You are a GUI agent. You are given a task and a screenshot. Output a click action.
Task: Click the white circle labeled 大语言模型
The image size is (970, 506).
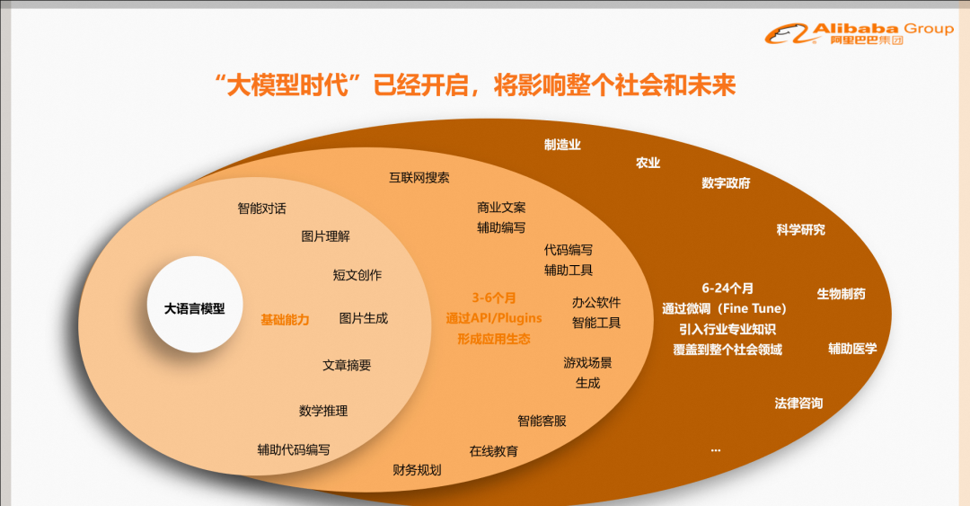pyautogui.click(x=194, y=305)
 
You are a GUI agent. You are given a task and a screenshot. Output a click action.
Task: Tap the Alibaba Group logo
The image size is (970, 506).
pyautogui.click(x=860, y=33)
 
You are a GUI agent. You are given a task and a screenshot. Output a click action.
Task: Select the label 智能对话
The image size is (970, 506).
pyautogui.click(x=261, y=209)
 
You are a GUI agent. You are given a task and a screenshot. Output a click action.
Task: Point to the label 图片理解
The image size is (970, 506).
pyautogui.click(x=325, y=236)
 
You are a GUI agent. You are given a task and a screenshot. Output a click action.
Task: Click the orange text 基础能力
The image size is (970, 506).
pyautogui.click(x=285, y=320)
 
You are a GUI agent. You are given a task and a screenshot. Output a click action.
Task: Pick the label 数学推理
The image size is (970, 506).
pyautogui.click(x=323, y=412)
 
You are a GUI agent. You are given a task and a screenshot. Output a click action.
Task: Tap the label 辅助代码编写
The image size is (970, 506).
pyautogui.click(x=293, y=449)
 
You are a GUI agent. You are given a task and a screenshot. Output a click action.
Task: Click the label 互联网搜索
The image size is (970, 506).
pyautogui.click(x=419, y=178)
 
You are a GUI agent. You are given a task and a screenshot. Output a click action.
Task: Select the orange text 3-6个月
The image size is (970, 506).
pyautogui.click(x=494, y=297)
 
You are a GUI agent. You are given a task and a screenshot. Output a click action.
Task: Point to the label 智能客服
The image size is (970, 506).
pyautogui.click(x=542, y=422)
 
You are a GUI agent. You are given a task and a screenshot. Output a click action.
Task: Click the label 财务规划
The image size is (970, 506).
pyautogui.click(x=417, y=470)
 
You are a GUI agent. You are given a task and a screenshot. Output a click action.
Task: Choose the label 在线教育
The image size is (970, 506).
pyautogui.click(x=494, y=451)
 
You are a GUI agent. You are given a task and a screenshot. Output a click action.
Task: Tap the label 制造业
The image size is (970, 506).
pyautogui.click(x=562, y=145)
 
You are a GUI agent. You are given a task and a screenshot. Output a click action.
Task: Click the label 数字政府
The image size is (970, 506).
pyautogui.click(x=726, y=183)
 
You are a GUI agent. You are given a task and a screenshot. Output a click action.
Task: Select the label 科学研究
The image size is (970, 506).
pyautogui.click(x=800, y=230)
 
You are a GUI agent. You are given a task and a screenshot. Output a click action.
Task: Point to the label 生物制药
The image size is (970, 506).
pyautogui.click(x=841, y=294)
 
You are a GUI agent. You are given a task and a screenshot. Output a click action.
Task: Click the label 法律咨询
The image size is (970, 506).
pyautogui.click(x=798, y=404)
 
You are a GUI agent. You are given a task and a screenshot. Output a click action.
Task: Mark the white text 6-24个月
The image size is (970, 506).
pyautogui.click(x=727, y=288)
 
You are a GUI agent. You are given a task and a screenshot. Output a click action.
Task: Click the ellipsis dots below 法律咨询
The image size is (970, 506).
pyautogui.click(x=716, y=450)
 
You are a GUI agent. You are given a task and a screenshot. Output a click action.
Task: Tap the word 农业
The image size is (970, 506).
pyautogui.click(x=648, y=163)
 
